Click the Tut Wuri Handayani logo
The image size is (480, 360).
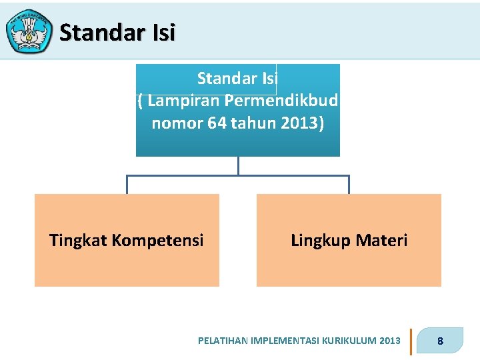point(29,31)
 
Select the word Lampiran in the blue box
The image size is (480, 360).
point(184,101)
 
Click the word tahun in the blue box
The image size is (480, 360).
point(257,123)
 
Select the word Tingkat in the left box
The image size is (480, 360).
point(75,240)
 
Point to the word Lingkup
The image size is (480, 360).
point(319,240)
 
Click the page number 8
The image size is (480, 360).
point(440,341)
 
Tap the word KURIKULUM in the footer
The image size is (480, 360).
point(349,341)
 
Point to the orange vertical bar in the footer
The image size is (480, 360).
point(411,341)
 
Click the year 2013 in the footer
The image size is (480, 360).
point(389,341)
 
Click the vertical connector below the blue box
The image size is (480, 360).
point(238,166)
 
